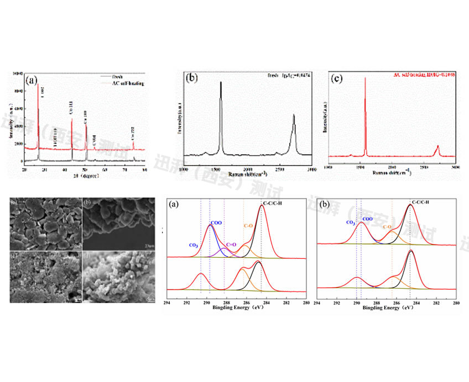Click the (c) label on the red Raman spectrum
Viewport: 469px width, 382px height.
pos(336,78)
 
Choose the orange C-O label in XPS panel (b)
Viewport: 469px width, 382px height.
pos(388,227)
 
